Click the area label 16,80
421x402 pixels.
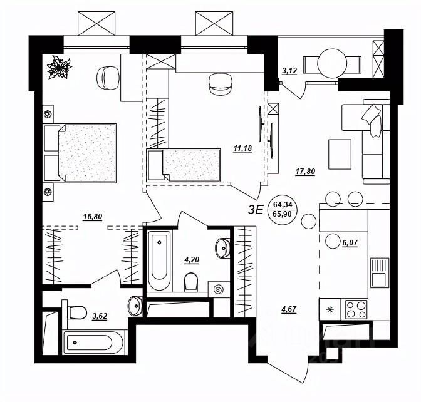tap(92, 218)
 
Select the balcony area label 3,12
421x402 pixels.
tap(289, 71)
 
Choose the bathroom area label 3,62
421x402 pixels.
tap(100, 316)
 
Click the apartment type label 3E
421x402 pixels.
tap(255, 210)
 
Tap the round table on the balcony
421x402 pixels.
tap(331, 63)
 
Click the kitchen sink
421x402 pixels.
tap(378, 272)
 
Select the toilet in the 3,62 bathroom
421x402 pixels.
tap(76, 311)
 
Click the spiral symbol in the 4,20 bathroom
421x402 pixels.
tap(220, 290)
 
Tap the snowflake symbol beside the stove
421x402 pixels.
tap(328, 309)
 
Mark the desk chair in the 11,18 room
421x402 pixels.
tap(219, 83)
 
